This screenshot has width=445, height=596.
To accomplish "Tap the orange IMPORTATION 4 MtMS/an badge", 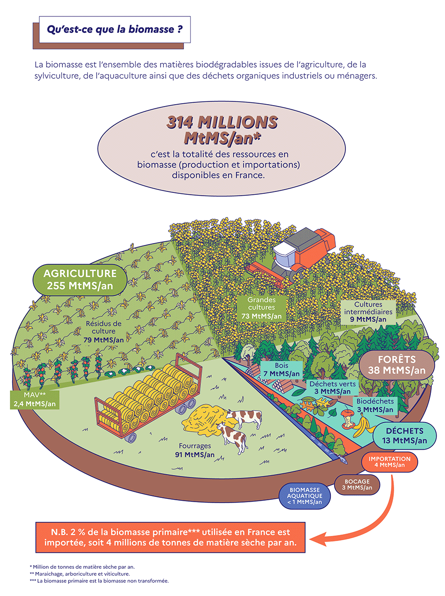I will click(x=389, y=462).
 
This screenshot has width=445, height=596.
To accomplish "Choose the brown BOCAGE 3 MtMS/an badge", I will click(x=356, y=484).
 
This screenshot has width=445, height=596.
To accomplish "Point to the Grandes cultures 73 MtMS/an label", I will click(x=261, y=308).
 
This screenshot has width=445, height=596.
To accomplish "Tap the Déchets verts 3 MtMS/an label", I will click(x=333, y=387).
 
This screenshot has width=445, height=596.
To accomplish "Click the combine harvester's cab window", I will click(x=283, y=257).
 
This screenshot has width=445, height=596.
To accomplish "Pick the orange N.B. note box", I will click(x=170, y=537).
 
